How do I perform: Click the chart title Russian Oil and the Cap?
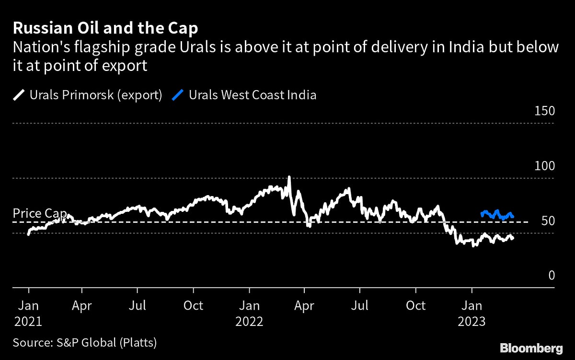105,29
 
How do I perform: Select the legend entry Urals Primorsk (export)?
96,94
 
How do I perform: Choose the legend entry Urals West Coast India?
253,94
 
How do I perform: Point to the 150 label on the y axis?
544,111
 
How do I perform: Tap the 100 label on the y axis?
544,166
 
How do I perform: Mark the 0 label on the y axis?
551,276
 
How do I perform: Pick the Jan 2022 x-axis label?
249,313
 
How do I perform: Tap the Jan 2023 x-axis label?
472,313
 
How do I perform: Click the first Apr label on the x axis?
82,305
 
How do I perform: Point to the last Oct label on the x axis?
416,305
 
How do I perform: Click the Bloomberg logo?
531,347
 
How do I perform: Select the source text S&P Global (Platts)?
85,342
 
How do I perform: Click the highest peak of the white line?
289,177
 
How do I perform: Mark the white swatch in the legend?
18,95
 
